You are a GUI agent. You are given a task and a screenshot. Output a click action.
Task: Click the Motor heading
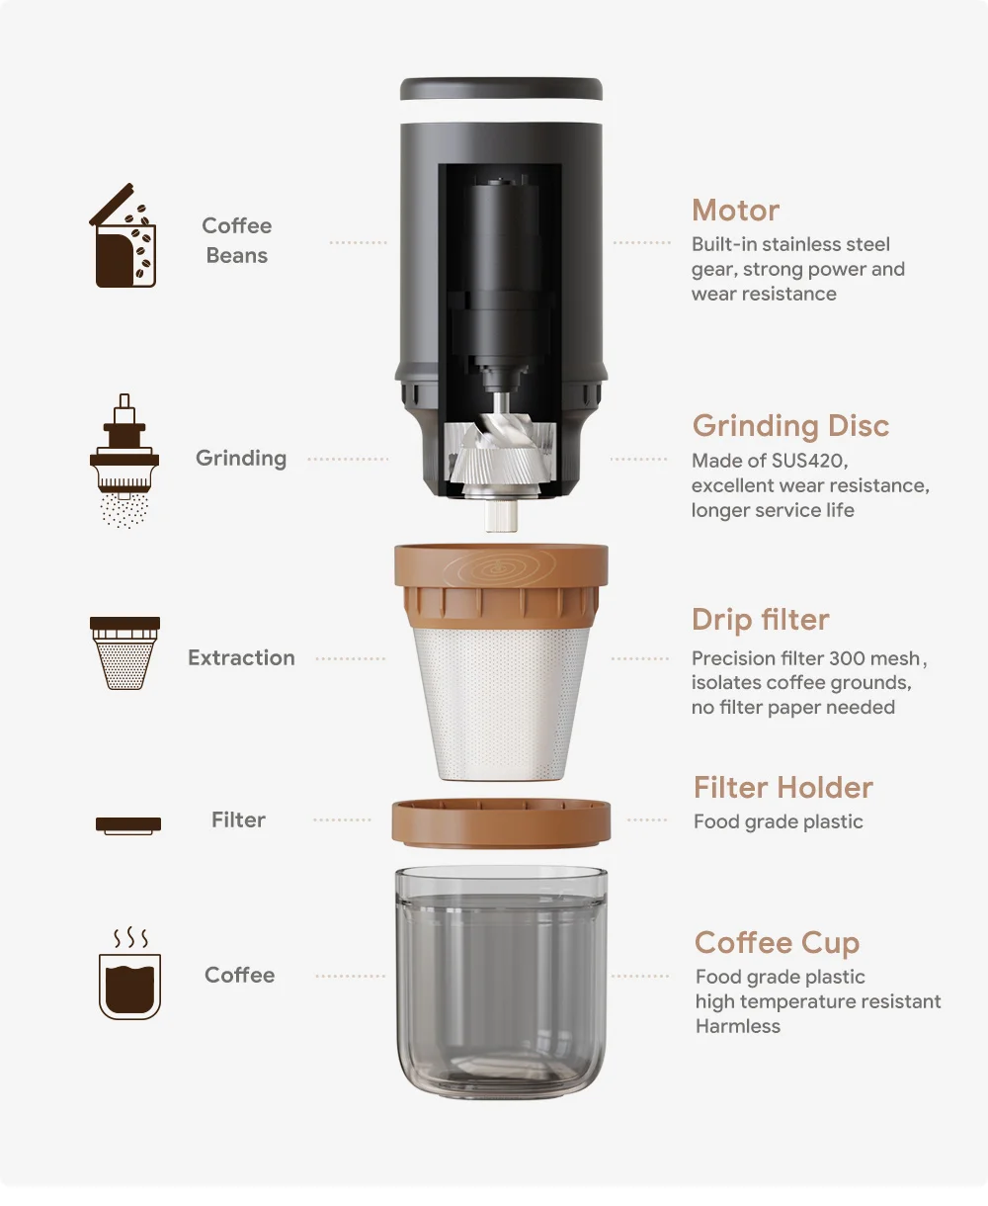(x=735, y=211)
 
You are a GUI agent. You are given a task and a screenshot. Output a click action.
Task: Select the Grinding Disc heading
(x=790, y=426)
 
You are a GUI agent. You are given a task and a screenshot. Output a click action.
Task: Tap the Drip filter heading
(x=760, y=620)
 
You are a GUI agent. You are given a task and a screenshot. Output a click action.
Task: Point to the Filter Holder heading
(x=782, y=788)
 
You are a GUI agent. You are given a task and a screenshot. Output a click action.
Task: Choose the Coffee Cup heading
(x=777, y=943)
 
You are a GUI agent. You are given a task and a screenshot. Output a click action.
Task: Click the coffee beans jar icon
(x=124, y=238)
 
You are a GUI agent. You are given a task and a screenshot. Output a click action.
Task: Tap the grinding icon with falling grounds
(x=124, y=463)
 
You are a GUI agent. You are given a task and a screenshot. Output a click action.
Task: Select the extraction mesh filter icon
(x=124, y=653)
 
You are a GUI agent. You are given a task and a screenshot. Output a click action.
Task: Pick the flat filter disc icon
(x=128, y=823)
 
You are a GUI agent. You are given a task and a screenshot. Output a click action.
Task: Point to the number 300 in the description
(x=847, y=658)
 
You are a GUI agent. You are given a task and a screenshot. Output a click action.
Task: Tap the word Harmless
(x=737, y=1026)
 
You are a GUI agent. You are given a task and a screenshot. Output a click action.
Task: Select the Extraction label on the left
(x=241, y=658)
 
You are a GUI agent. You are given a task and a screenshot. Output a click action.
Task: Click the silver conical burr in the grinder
(x=500, y=455)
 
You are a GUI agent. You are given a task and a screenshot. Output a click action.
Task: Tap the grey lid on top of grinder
(x=501, y=89)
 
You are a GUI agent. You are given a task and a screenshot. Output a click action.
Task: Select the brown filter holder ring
(x=501, y=823)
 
